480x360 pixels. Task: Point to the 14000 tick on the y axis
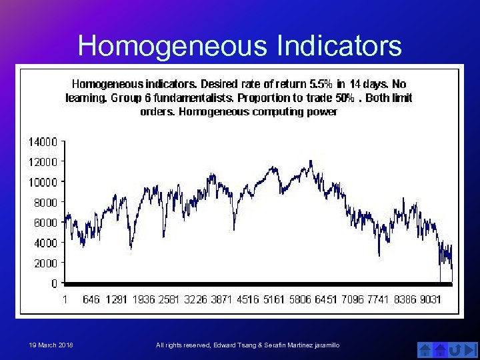coord(42,141)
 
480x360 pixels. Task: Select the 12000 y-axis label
coord(42,161)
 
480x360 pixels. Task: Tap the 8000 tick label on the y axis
coord(45,202)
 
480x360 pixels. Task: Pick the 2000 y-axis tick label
coord(45,263)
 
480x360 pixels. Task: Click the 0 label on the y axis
coord(53,283)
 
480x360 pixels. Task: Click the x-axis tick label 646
coord(91,299)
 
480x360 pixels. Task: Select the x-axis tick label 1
coord(65,299)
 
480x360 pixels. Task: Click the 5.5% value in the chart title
coord(321,85)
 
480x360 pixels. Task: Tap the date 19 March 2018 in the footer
coord(51,345)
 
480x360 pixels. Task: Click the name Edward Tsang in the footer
coord(239,345)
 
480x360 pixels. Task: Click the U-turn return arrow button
coord(455,349)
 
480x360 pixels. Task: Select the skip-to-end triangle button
coord(471,349)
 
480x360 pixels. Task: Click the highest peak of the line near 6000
coord(311,161)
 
